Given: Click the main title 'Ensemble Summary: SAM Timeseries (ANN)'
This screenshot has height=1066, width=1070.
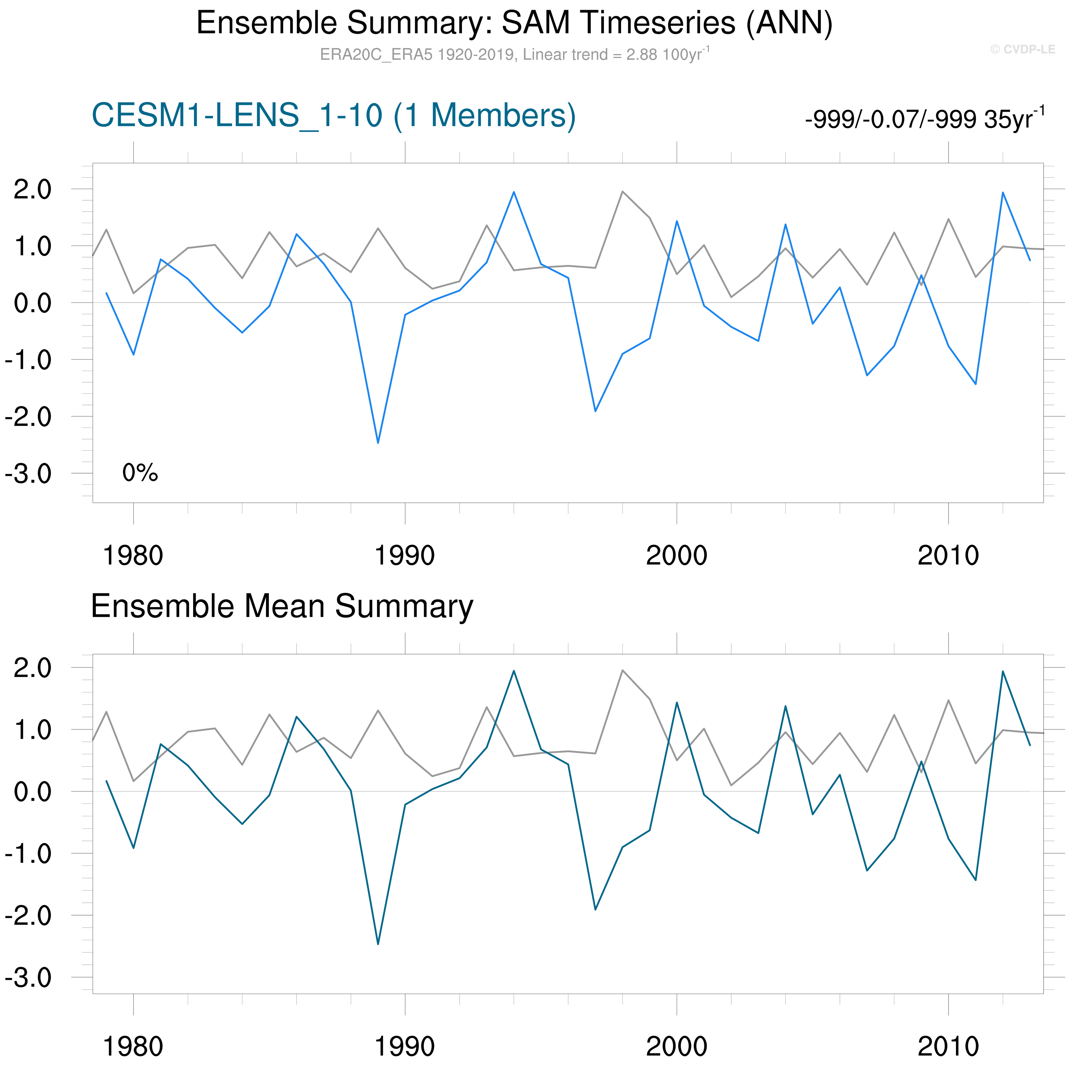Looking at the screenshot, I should (x=514, y=23).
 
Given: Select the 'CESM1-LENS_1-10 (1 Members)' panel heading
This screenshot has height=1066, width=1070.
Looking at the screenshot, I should (x=333, y=116).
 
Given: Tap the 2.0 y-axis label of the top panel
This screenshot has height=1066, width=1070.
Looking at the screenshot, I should (x=32, y=190).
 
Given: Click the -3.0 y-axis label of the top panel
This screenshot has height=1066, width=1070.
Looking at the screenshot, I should (x=28, y=474).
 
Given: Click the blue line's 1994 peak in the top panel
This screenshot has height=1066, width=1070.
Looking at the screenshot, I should (x=514, y=192).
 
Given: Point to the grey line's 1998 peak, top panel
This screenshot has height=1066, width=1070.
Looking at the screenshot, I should (x=623, y=192).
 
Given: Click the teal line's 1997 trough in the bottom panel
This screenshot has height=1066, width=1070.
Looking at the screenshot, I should (x=595, y=909).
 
